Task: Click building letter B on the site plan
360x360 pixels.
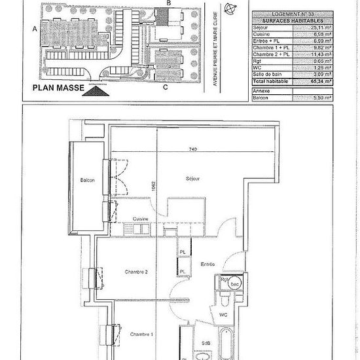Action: [169, 4]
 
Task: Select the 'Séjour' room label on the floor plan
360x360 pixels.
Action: [192, 178]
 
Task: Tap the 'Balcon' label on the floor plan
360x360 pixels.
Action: [88, 181]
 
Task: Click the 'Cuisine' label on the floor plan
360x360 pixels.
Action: [141, 219]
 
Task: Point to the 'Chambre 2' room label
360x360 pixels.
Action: [137, 272]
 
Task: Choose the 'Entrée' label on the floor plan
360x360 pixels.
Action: [207, 264]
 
